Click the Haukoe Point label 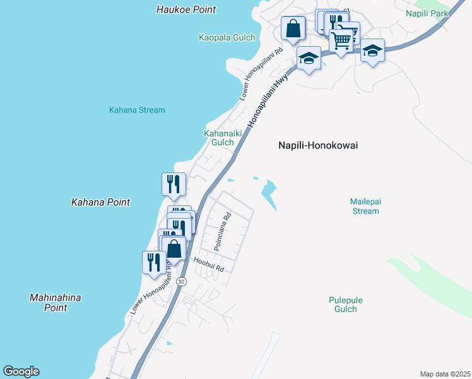(x=186, y=9)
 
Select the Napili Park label (x=428, y=13)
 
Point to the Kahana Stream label (x=137, y=110)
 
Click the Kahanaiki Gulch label (x=219, y=138)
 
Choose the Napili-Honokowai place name (x=318, y=145)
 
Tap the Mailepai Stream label (x=366, y=206)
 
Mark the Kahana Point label (x=100, y=202)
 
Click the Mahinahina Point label (x=56, y=303)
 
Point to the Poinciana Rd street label (x=222, y=232)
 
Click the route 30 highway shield (x=182, y=282)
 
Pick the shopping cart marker (x=341, y=40)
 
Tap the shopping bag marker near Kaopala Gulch (x=293, y=28)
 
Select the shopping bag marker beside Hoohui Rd (x=174, y=248)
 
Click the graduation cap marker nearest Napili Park (x=373, y=50)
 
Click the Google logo (x=21, y=371)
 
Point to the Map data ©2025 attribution (x=445, y=374)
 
